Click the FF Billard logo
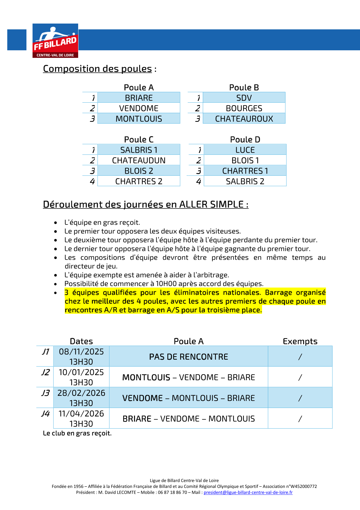click(55, 41)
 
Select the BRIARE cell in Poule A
click(139, 98)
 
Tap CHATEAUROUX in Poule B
click(244, 119)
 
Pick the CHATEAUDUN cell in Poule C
click(139, 161)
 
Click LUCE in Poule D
click(245, 150)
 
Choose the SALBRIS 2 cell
click(245, 181)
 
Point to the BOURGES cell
click(244, 108)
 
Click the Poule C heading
click(139, 140)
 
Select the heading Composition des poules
click(97, 69)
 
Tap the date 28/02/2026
click(81, 393)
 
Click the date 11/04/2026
click(81, 413)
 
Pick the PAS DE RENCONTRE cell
click(189, 357)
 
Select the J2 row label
click(46, 372)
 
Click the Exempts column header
click(300, 341)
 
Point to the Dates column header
click(81, 341)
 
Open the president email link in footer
click(248, 492)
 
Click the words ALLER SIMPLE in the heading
click(211, 204)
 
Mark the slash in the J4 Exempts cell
click(300, 419)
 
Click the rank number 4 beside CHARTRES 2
click(92, 181)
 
